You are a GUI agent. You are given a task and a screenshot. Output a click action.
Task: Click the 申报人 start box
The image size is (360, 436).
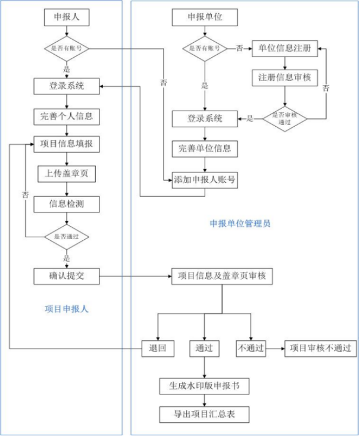tap(67, 18)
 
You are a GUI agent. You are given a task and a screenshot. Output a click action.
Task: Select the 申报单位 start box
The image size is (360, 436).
tap(205, 18)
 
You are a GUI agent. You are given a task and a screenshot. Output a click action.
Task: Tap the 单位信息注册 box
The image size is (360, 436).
tap(284, 48)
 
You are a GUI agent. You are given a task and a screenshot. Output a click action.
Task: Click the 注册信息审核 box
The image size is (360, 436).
tap(284, 78)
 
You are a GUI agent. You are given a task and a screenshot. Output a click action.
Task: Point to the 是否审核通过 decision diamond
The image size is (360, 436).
tap(284, 118)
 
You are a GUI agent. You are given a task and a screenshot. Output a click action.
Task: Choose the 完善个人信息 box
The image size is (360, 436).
tap(67, 116)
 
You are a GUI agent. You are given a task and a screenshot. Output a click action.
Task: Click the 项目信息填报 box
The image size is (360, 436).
tap(67, 145)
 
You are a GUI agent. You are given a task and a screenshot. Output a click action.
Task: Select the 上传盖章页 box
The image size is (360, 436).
tap(67, 174)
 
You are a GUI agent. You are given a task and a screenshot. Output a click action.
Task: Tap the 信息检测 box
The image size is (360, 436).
tap(67, 204)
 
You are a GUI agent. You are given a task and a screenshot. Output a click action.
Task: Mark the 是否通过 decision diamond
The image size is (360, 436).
tap(67, 236)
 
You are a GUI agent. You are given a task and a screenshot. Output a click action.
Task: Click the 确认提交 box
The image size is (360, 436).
tap(67, 275)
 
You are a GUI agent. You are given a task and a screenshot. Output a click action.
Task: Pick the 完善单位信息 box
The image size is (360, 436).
tap(205, 148)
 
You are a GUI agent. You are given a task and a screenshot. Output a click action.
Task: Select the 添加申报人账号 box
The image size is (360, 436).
tap(205, 179)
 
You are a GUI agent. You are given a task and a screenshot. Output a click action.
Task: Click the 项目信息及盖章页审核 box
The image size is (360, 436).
tap(222, 275)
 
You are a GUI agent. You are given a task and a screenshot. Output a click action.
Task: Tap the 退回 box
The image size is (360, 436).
tap(158, 348)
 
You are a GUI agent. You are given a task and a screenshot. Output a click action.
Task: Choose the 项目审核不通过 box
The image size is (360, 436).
tap(320, 348)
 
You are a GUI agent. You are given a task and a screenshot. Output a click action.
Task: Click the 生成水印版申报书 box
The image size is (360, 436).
tap(204, 385)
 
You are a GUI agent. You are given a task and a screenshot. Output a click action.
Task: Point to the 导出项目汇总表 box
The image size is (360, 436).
tap(204, 414)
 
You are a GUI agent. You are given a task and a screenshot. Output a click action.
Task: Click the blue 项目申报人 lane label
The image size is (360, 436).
tap(67, 309)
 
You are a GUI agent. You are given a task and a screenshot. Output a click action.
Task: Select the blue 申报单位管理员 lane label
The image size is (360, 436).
tap(240, 224)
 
